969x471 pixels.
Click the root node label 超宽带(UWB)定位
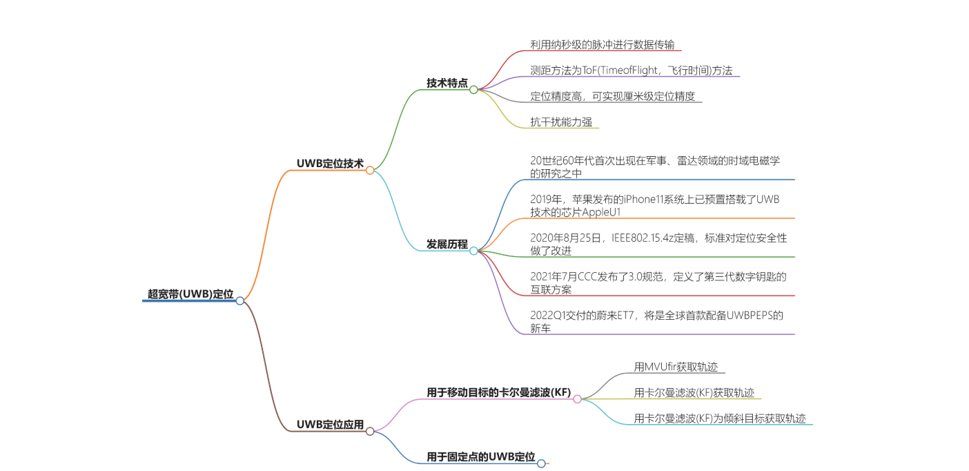(x=190, y=294)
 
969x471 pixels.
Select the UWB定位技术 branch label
(x=330, y=163)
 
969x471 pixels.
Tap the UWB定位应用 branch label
(x=330, y=424)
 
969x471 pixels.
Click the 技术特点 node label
(x=447, y=83)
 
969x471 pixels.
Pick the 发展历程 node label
(x=447, y=244)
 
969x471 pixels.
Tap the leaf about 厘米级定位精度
(x=612, y=96)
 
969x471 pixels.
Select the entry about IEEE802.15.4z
(x=658, y=244)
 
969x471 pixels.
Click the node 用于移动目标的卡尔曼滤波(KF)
(x=498, y=393)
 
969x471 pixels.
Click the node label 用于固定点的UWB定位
(x=480, y=456)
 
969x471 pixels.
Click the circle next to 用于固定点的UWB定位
(x=541, y=463)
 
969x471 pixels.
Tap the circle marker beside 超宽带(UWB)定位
(x=240, y=300)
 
